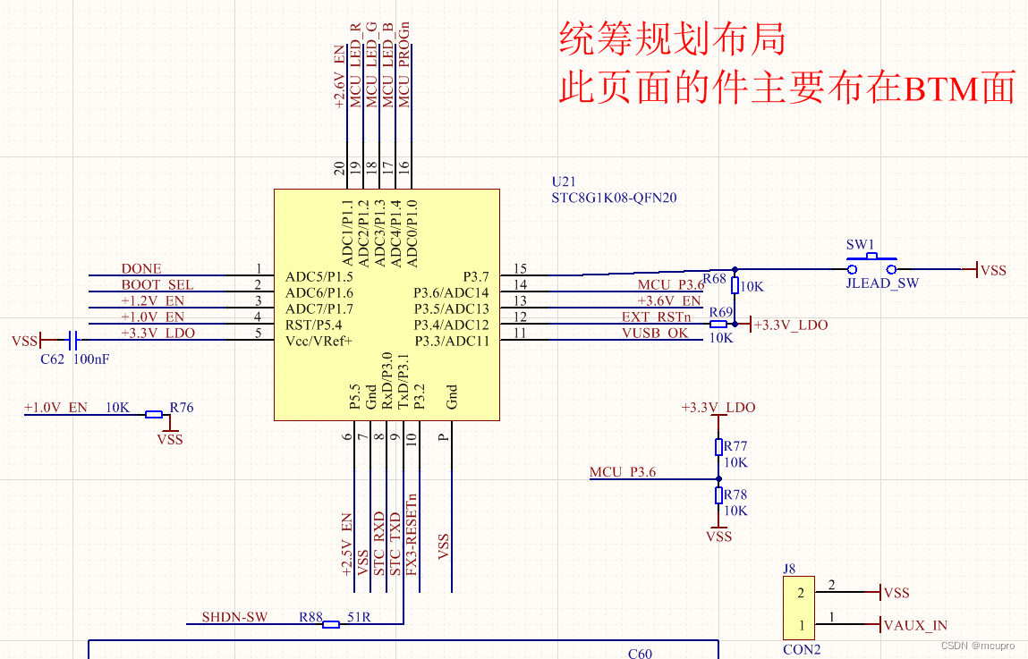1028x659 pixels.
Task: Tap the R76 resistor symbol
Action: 154,414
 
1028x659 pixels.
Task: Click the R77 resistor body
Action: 718,447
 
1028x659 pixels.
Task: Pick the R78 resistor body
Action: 718,496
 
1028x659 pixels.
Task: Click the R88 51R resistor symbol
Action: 331,624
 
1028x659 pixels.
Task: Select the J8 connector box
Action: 802,608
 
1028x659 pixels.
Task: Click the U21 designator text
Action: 564,182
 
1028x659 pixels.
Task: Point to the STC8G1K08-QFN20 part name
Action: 614,198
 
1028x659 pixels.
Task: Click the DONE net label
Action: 141,268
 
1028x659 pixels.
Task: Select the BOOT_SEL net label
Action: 157,284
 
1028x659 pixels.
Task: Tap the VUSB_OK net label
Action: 656,333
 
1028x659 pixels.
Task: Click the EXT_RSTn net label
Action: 657,317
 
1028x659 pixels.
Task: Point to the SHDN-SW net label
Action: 234,617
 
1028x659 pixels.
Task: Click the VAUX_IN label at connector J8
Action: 914,625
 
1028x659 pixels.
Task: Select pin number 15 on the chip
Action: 520,268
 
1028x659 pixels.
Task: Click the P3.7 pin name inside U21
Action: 475,276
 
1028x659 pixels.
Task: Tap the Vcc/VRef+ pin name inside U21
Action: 319,341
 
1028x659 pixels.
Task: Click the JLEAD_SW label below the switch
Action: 882,283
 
